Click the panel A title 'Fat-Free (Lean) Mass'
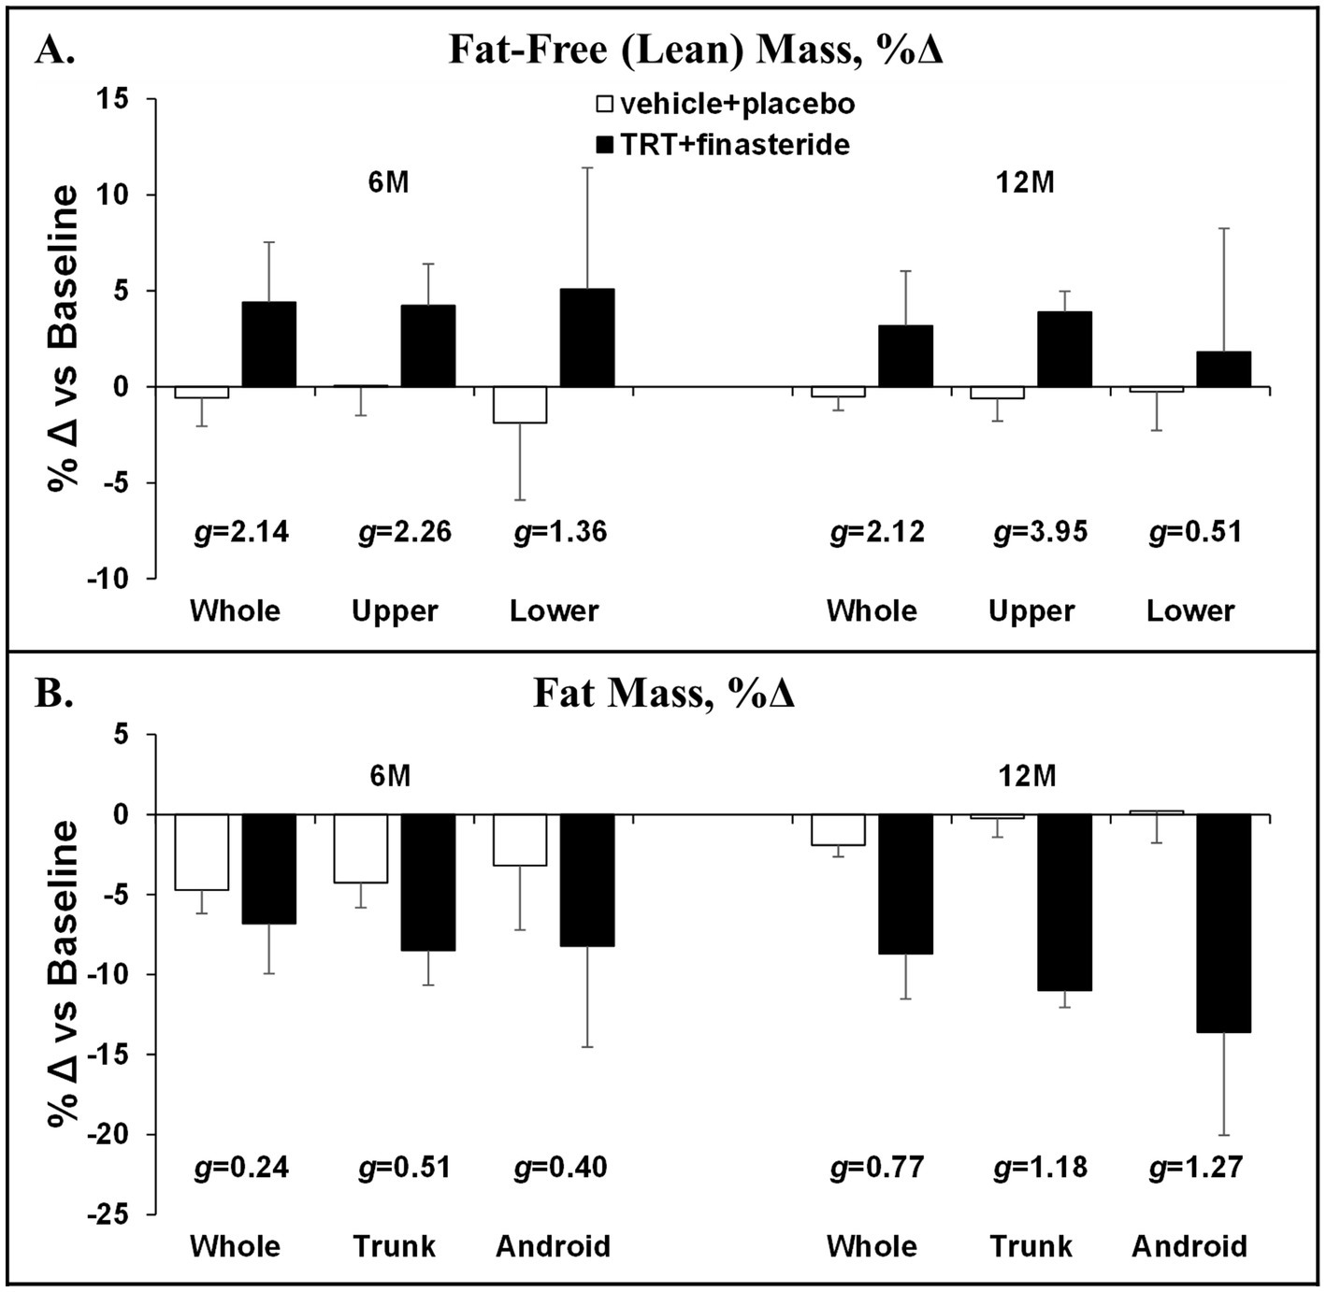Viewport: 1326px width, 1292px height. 697,50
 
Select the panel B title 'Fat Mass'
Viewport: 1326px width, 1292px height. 664,694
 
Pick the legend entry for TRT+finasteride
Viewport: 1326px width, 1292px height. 723,145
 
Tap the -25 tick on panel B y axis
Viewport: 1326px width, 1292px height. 114,1214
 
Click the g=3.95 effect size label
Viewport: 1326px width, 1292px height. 1040,532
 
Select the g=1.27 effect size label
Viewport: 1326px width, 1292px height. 1196,1168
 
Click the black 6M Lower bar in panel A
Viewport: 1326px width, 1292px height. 587,337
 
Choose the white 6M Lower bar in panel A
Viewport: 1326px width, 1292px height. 520,405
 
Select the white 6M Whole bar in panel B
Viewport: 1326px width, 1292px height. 202,852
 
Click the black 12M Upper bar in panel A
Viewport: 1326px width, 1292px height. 1064,349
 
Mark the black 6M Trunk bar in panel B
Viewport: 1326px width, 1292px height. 428,882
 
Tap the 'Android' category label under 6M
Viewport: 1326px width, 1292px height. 553,1246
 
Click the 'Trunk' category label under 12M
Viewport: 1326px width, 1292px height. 1031,1246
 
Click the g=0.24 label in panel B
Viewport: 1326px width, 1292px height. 240,1168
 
